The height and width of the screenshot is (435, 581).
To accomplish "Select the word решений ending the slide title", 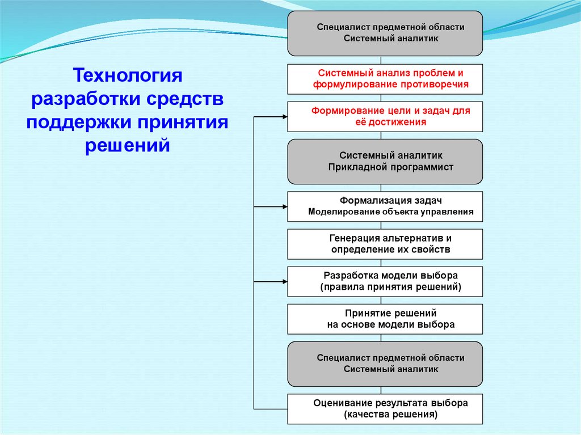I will pos(128,145).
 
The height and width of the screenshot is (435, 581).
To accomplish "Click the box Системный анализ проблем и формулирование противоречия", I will pos(385,79).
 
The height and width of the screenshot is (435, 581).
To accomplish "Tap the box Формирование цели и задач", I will pos(385,116).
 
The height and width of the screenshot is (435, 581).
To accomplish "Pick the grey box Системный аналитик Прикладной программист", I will pos(385,162).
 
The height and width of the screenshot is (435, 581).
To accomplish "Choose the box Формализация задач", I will pos(385,206).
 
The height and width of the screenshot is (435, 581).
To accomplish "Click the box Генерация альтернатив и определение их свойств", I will pos(385,244).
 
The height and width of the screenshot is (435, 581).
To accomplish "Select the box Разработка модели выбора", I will pos(385,281).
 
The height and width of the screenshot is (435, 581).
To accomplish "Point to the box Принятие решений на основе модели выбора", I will pos(385,319).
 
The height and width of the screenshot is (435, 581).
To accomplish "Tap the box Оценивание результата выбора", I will pos(385,409).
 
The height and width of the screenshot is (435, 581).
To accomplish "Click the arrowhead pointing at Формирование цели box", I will pos(284,116).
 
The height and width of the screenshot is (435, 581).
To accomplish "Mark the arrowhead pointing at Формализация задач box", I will pos(284,206).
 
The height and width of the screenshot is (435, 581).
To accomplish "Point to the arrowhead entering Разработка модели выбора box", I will pos(284,281).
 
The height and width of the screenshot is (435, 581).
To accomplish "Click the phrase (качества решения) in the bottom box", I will pos(390,415).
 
